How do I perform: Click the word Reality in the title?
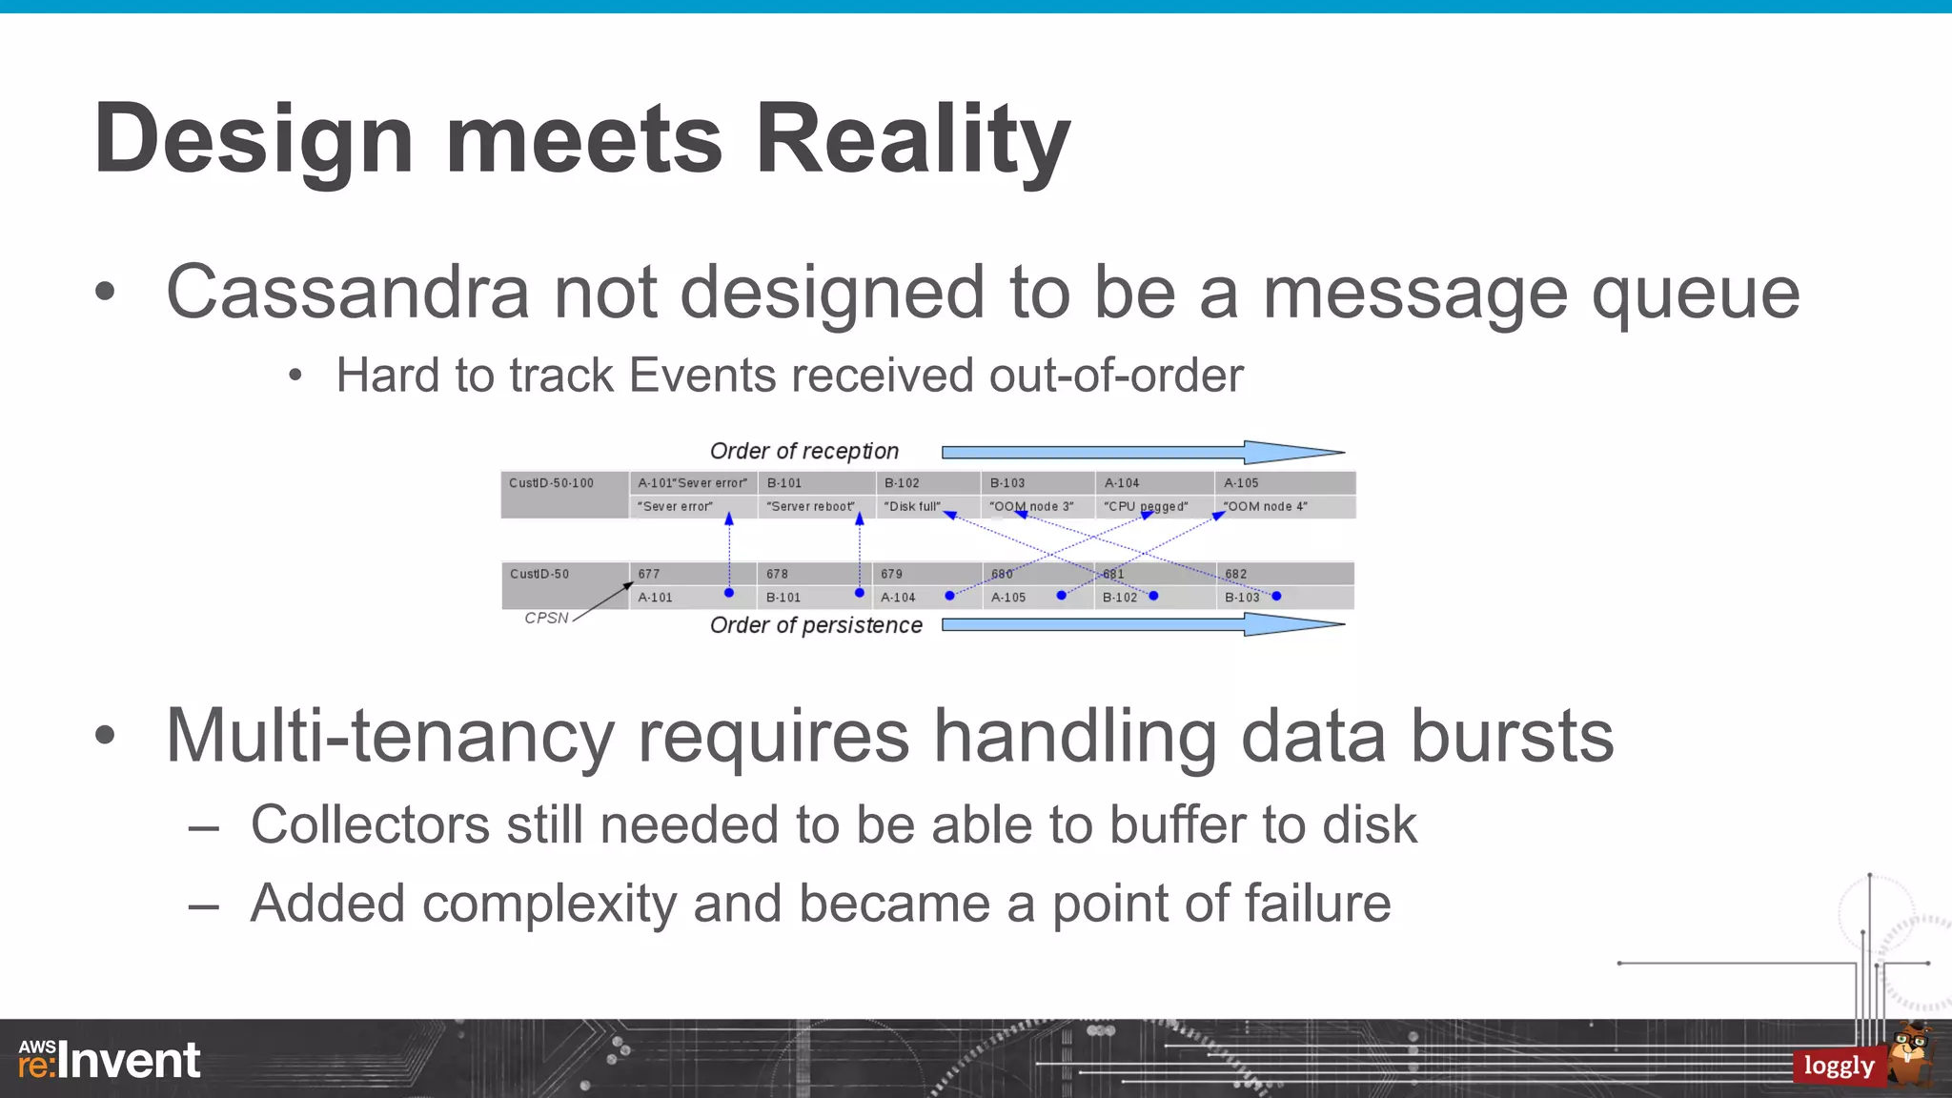(912, 141)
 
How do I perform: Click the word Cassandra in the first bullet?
(347, 293)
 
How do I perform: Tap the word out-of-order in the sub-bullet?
(1115, 376)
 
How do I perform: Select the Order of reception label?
(803, 451)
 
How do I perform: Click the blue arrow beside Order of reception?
(1142, 452)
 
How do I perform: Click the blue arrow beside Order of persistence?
(1142, 624)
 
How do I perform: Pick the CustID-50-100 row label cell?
(563, 494)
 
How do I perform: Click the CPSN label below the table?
(546, 618)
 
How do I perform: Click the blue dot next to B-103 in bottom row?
(1276, 596)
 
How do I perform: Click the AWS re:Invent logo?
(109, 1060)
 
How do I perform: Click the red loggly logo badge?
(1839, 1066)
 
